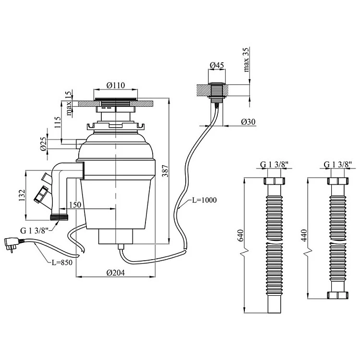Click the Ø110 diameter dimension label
click(115, 85)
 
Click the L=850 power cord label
click(62, 263)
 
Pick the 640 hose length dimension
click(241, 236)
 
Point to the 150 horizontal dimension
click(75, 205)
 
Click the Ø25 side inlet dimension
click(43, 143)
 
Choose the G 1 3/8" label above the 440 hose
click(338, 165)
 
